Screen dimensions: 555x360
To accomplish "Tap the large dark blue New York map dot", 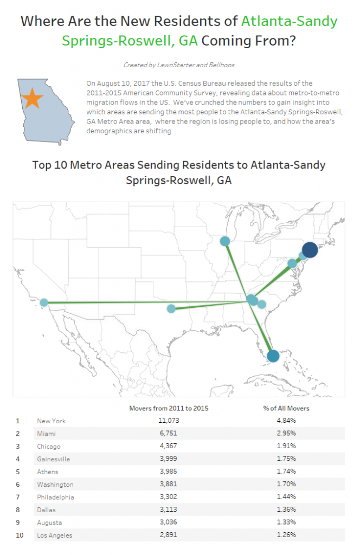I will pos(310,249).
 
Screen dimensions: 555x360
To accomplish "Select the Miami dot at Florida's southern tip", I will pos(273,356).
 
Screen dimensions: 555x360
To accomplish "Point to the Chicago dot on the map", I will pos(224,241).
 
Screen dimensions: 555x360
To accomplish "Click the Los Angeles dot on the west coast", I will pos(44,302).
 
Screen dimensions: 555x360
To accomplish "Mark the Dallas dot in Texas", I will pos(171,308).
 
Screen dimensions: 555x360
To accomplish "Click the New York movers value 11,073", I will pos(169,421).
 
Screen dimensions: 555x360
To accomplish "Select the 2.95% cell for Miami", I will pos(286,434).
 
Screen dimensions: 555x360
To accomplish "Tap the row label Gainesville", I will pos(53,459).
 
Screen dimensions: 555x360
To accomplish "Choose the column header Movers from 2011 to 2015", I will pos(169,408).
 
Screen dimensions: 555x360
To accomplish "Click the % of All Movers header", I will pos(286,408).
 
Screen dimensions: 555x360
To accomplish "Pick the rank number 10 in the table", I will pos(20,535).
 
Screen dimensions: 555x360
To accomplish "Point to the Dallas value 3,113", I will pos(169,509).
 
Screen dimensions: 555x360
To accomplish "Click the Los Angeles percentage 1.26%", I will pos(286,535).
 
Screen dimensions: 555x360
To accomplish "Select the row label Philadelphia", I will pos(55,497).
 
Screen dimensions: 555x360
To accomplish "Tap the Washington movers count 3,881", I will pos(169,485).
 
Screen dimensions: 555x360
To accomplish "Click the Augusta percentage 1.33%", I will pos(286,522).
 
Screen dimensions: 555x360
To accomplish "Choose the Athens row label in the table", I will pos(48,472).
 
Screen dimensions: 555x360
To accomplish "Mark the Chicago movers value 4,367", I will pos(169,446).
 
